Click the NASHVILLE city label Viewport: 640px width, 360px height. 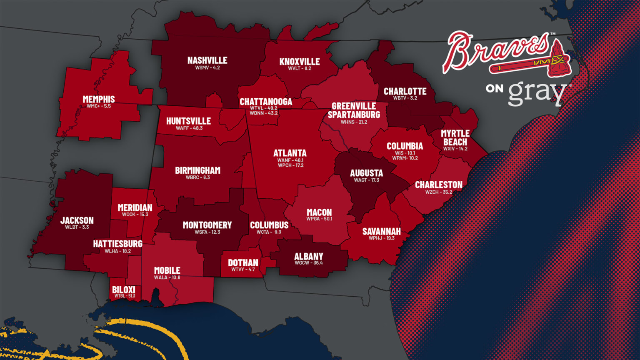coord(207,60)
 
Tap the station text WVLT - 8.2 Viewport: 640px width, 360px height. coord(300,68)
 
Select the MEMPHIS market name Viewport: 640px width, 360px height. coord(99,99)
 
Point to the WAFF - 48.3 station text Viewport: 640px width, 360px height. coord(189,128)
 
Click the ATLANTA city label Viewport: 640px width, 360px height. coord(290,153)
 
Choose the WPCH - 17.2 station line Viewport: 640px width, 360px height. coord(290,165)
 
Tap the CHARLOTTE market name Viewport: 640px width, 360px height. coord(405,91)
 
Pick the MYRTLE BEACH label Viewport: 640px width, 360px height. coord(455,137)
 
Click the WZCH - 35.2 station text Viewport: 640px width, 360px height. coord(439,192)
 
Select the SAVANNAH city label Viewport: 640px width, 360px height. coord(381,231)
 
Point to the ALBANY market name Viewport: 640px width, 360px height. coord(309,256)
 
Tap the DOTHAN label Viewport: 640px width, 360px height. coord(243,262)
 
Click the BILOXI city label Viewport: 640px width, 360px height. coord(124,290)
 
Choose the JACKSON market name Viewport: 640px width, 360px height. coord(77,220)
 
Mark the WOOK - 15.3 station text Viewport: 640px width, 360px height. coord(135,215)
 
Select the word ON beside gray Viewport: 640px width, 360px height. coord(494,88)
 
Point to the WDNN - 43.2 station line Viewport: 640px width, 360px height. coord(264,113)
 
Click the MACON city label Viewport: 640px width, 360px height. coord(319,212)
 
